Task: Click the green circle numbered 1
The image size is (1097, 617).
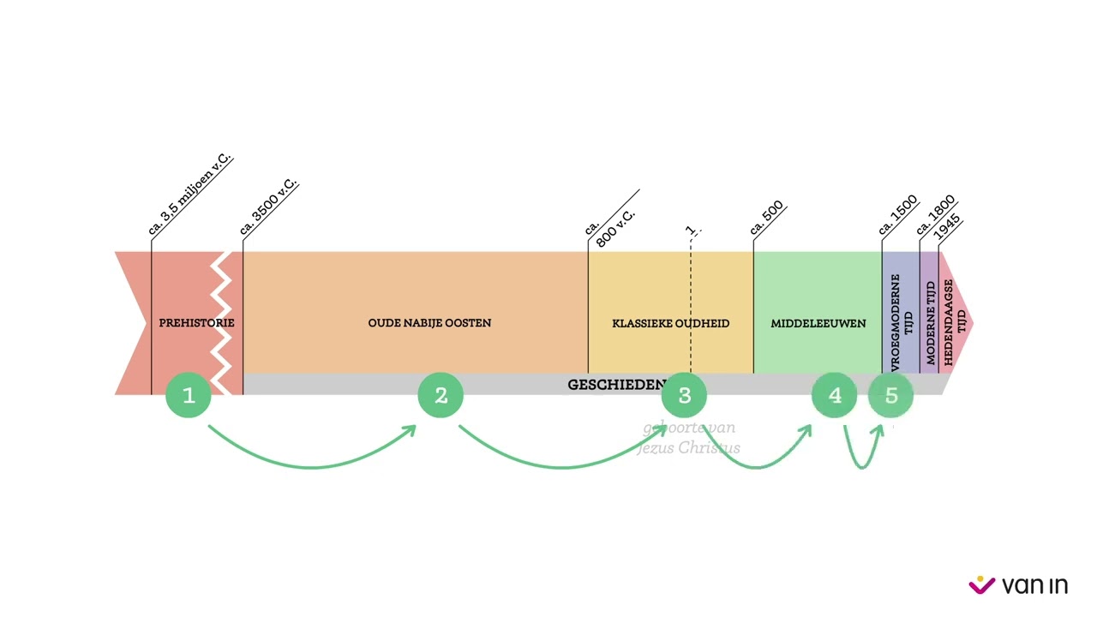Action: coord(189,395)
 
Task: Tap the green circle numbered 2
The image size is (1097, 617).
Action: coord(441,395)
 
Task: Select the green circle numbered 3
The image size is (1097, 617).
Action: coord(684,395)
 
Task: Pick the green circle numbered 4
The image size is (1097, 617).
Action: coord(835,395)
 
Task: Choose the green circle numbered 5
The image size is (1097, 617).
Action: coord(891,395)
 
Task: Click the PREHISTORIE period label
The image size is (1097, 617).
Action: coord(196,323)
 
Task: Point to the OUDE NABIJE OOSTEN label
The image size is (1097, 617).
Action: coord(429,323)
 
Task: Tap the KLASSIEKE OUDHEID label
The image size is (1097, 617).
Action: coord(670,323)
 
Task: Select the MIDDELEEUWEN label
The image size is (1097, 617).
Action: coord(818,323)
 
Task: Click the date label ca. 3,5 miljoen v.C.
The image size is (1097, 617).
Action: coord(190,195)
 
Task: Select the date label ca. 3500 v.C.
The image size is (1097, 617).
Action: coord(268,207)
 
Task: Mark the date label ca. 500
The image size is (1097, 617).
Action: coord(767,219)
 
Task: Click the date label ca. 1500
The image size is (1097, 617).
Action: coord(898,216)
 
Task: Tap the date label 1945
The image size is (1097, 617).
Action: coord(948,227)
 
